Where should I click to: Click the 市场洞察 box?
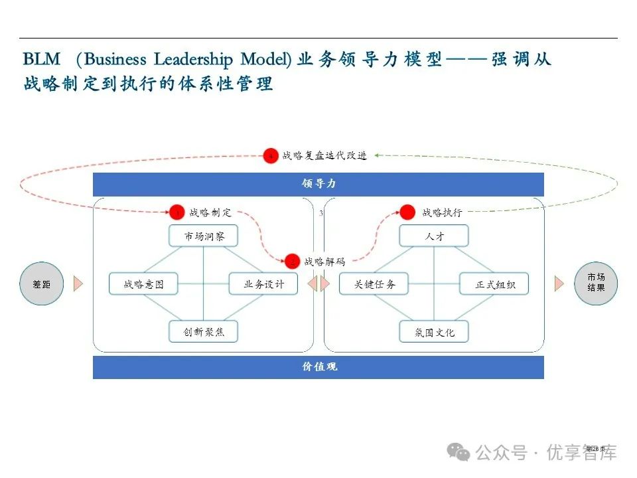pos(202,236)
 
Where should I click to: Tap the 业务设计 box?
pos(263,284)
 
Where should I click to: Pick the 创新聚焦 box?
pos(202,331)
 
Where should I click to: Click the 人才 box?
pos(434,236)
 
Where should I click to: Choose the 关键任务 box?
pos(374,284)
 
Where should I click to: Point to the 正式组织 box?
pos(494,284)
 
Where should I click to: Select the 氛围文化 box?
pos(434,331)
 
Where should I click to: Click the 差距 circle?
pos(41,284)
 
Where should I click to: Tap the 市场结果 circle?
pos(595,283)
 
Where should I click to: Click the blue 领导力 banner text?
pos(318,184)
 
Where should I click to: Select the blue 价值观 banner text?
pos(318,366)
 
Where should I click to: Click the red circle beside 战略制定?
pos(177,212)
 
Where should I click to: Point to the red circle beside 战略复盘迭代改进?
pos(270,156)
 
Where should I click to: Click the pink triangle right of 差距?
pos(78,284)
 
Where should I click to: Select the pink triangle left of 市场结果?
pos(559,284)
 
